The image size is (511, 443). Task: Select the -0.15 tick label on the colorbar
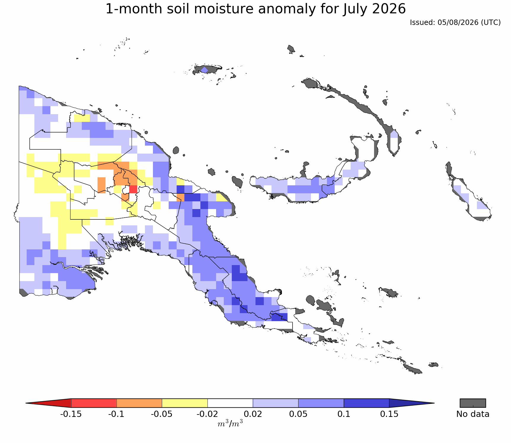pos(71,414)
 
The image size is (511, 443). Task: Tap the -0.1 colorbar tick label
pos(116,414)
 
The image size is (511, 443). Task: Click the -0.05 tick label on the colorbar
pos(162,414)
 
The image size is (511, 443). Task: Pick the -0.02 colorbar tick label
pos(207,414)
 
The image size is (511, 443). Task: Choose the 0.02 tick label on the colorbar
pos(253,414)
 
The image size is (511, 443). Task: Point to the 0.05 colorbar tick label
pos(298,414)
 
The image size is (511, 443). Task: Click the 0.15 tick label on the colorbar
pos(389,414)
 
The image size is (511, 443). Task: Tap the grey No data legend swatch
pos(473,403)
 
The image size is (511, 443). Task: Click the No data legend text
pos(473,414)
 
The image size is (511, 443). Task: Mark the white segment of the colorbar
pos(230,403)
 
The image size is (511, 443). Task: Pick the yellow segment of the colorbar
pos(185,403)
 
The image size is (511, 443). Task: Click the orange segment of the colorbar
pos(139,403)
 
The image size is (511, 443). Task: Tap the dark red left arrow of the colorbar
pos(53,403)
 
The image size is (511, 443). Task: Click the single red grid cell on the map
pos(133,189)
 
